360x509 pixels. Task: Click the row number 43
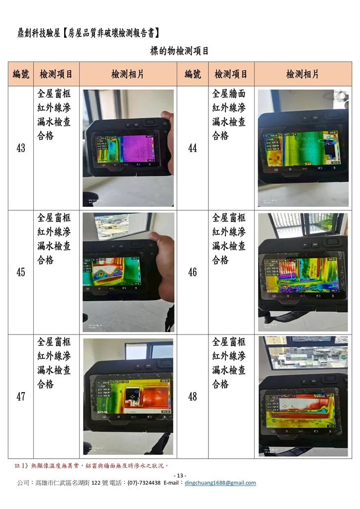(21, 148)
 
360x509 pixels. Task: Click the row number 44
(192, 148)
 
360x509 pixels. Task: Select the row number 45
(21, 272)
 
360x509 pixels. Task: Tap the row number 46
(192, 272)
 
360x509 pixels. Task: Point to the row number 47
(21, 397)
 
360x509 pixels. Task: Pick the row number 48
(192, 397)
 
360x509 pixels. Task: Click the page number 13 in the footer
(180, 476)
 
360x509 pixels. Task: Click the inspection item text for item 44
(229, 115)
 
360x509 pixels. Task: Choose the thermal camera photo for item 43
(128, 148)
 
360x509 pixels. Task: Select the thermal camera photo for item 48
(303, 396)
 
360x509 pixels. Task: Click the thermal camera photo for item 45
(128, 272)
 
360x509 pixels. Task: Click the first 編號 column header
(21, 75)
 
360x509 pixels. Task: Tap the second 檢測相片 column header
(302, 75)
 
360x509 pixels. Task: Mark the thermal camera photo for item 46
(303, 272)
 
